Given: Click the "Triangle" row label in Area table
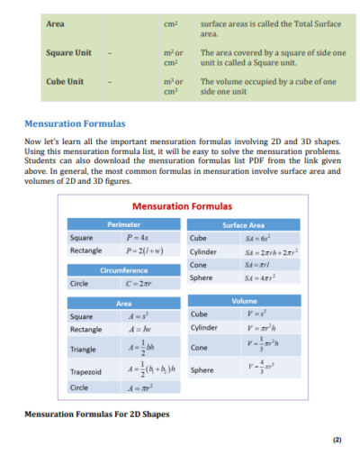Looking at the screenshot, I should point(84,349).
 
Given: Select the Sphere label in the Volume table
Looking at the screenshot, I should point(202,368).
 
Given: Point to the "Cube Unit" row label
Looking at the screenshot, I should point(65,81).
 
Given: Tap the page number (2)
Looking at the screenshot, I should point(337,441).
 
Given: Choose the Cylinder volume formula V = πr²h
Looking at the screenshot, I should point(246,329).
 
